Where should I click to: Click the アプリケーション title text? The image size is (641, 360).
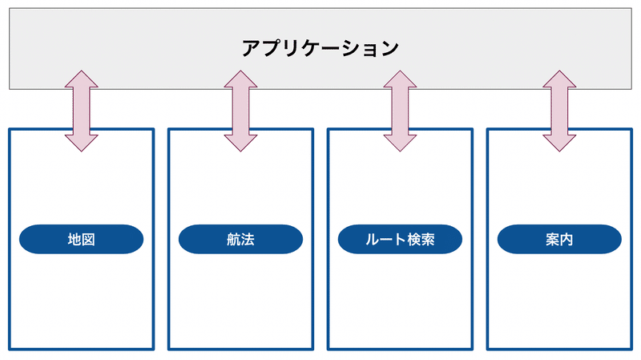pos(320,48)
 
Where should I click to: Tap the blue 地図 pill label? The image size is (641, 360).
pos(80,239)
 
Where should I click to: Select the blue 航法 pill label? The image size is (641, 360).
pos(240,239)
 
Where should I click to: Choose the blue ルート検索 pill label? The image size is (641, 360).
pos(400,239)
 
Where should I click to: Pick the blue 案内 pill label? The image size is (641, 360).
pos(560,239)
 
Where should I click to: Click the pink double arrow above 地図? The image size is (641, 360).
pos(81,111)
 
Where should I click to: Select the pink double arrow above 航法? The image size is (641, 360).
pos(240,111)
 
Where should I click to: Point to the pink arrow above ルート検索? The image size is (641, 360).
pos(400,111)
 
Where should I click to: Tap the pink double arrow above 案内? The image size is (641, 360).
pos(560,111)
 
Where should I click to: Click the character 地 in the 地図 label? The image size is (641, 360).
pos(74,239)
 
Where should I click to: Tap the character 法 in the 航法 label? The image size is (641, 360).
pos(248,239)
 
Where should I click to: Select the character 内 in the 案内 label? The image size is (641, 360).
pos(567,239)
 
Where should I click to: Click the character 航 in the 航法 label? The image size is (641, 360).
pos(233,239)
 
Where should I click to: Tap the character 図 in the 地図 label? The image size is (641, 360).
pos(88,239)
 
